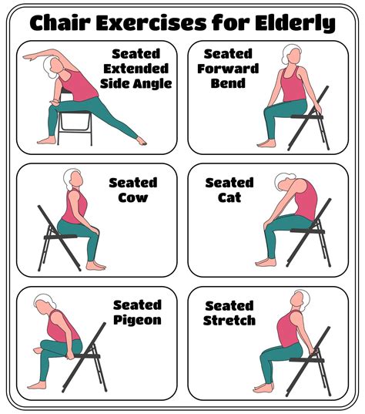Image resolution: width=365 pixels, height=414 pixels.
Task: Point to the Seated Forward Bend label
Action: (229, 69)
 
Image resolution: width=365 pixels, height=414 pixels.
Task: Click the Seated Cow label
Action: (132, 190)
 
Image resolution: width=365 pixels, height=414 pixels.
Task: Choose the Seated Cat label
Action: (229, 190)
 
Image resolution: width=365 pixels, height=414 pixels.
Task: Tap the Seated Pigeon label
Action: (137, 312)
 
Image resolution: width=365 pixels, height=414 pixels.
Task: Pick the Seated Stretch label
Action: (229, 312)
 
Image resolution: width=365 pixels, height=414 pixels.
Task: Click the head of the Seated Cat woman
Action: (284, 184)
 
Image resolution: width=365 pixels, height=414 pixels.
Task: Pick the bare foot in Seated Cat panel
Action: (266, 262)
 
